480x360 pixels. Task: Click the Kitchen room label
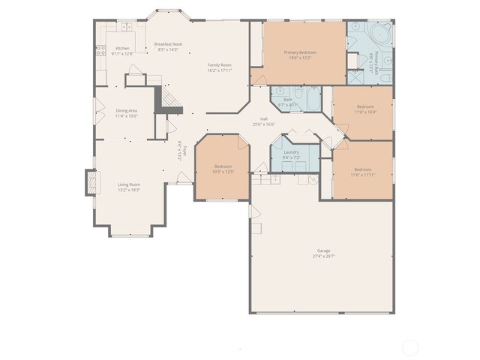[x=122, y=48]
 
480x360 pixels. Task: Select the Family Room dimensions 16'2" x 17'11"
[x=220, y=70]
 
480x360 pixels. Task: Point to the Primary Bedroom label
[x=300, y=52]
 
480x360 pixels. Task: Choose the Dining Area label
[x=126, y=110]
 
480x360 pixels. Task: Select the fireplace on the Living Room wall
[x=91, y=182]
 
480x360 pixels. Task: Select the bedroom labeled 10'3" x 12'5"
[x=223, y=169]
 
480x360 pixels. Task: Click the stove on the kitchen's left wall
[x=99, y=51]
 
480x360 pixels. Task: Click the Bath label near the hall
[x=288, y=99]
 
